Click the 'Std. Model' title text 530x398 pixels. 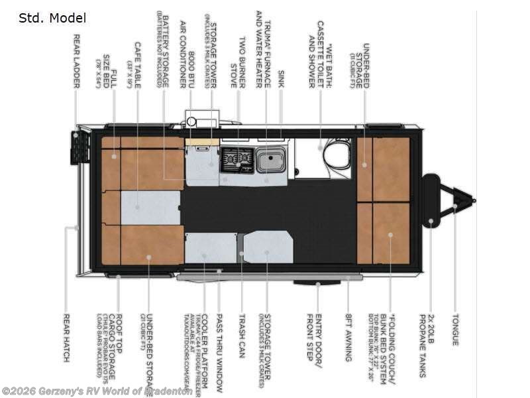(x=52, y=18)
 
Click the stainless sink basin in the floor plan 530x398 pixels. (x=270, y=159)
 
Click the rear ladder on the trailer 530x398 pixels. (x=79, y=147)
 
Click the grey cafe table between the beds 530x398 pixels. (x=150, y=208)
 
